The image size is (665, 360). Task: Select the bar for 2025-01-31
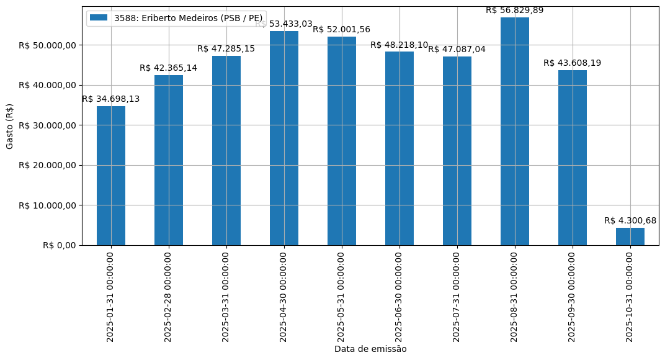[111, 176]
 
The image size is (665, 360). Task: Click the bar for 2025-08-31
[515, 131]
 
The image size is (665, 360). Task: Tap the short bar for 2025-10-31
[630, 236]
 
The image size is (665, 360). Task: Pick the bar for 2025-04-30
[284, 138]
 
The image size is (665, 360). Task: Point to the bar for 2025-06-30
[399, 148]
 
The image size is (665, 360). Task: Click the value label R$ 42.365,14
[169, 68]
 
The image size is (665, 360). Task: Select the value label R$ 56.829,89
[515, 10]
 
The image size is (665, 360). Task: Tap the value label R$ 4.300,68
[630, 220]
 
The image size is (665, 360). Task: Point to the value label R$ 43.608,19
[573, 63]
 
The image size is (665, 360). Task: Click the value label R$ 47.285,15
[226, 48]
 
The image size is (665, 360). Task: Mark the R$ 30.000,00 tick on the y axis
[47, 125]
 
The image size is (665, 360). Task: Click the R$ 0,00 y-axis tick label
[60, 245]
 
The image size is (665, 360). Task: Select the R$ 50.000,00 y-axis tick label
[47, 45]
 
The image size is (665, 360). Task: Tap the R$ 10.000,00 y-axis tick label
[47, 205]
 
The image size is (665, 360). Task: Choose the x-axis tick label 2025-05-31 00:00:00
[342, 296]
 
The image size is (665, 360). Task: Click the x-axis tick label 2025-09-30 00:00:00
[573, 296]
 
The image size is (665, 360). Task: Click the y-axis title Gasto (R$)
[9, 126]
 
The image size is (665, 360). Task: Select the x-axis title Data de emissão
[370, 349]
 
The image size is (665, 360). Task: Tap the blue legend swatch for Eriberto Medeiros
[99, 18]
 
